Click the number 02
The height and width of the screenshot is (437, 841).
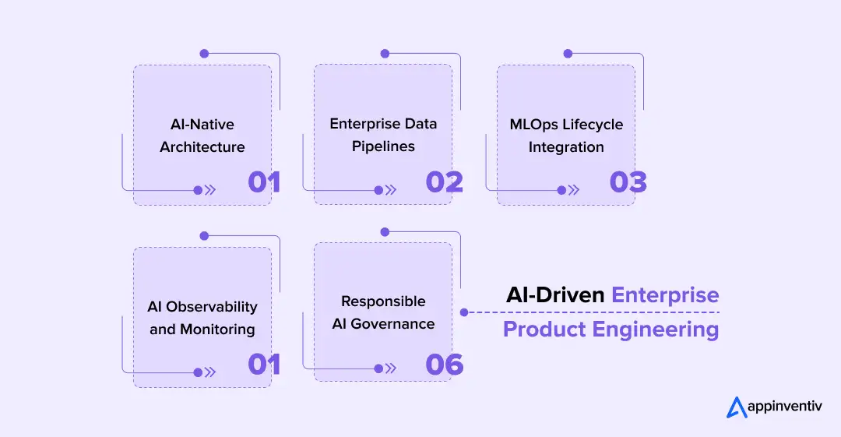(x=444, y=181)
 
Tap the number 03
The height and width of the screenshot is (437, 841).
(x=628, y=181)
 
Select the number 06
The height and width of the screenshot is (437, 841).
(x=444, y=364)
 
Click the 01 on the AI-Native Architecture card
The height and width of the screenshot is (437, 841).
(x=263, y=181)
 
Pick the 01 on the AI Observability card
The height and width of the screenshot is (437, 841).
(x=263, y=364)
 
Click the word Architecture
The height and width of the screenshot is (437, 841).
(x=202, y=146)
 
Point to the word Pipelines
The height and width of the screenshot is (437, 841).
(x=383, y=146)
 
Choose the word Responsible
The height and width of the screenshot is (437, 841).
(x=383, y=301)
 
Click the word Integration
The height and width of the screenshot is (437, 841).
(x=566, y=146)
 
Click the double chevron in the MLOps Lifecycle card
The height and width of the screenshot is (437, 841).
(x=574, y=189)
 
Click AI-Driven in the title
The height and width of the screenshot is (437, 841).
(x=555, y=295)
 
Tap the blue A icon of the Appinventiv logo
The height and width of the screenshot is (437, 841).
(x=736, y=407)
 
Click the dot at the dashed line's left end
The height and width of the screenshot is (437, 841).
(x=464, y=312)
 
